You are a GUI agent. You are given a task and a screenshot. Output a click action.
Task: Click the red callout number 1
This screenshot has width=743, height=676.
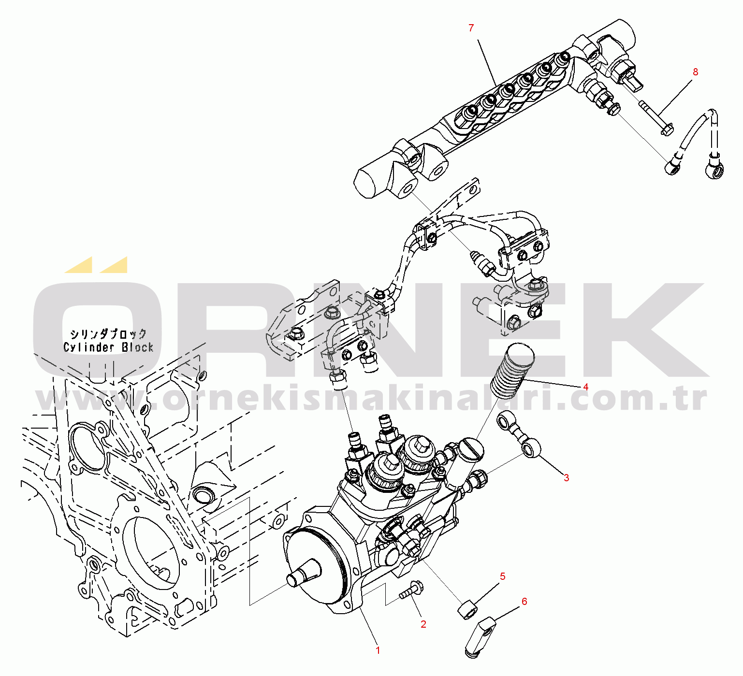click(x=378, y=650)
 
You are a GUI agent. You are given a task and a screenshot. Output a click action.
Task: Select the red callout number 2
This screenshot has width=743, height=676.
click(x=423, y=624)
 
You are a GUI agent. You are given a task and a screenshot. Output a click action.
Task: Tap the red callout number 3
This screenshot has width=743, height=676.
click(x=566, y=478)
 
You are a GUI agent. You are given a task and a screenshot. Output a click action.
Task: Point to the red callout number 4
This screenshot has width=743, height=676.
click(x=586, y=387)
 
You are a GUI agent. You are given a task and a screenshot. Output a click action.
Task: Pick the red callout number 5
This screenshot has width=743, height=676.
click(x=503, y=576)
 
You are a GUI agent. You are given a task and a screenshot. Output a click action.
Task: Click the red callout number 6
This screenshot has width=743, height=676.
click(x=524, y=602)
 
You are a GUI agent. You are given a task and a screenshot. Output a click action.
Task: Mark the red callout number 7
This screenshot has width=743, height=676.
click(x=471, y=29)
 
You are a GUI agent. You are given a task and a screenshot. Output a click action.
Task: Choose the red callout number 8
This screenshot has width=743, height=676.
click(x=696, y=72)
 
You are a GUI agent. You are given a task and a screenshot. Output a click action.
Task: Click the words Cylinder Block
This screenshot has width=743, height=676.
click(x=108, y=347)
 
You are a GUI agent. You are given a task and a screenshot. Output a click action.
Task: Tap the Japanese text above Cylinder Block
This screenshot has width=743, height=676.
click(x=108, y=334)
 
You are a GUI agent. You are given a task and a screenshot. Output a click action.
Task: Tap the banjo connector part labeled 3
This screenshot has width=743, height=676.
click(x=519, y=433)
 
